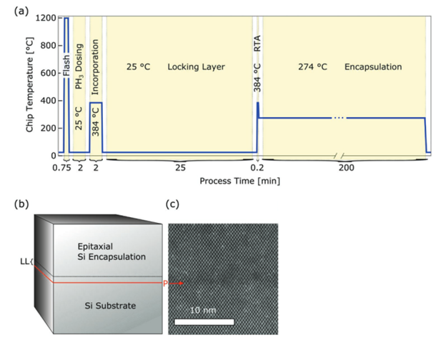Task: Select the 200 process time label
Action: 345,169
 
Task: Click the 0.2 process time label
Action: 257,169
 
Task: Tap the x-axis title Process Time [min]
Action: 239,181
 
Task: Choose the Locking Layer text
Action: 197,67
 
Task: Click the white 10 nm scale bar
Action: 204,321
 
